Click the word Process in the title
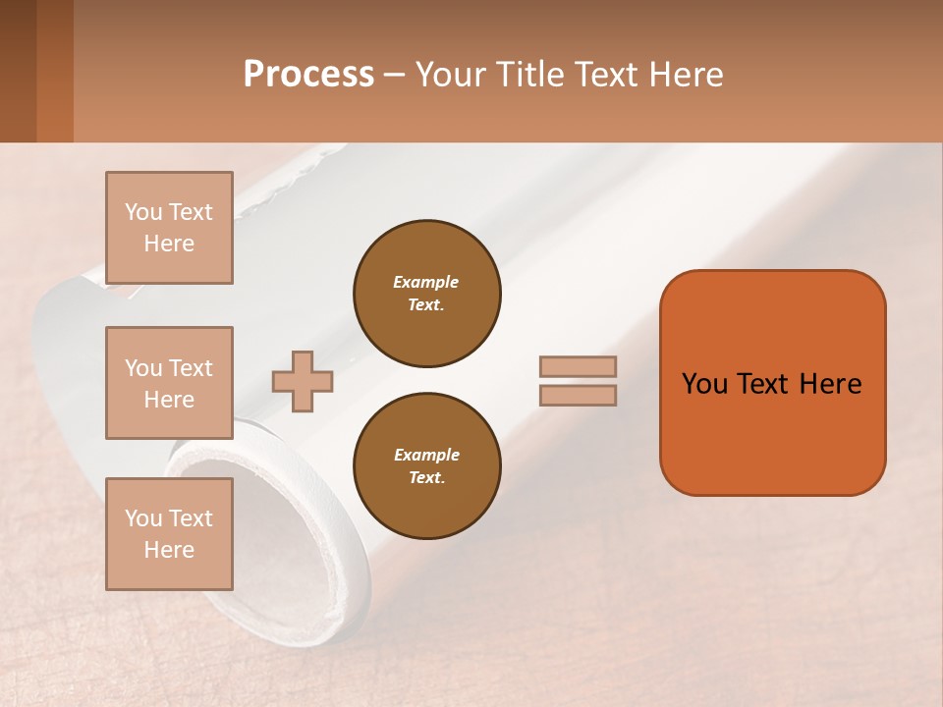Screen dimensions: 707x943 pyautogui.click(x=308, y=75)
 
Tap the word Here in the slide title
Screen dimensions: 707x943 pyautogui.click(x=684, y=75)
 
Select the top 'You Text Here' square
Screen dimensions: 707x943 pyautogui.click(x=169, y=228)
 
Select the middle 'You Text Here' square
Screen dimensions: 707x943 pyautogui.click(x=169, y=383)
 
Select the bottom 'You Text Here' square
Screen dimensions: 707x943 pyautogui.click(x=169, y=533)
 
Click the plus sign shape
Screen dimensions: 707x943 pyautogui.click(x=303, y=381)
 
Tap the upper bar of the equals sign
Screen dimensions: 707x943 pyautogui.click(x=579, y=366)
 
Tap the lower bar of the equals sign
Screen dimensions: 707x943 pyautogui.click(x=579, y=395)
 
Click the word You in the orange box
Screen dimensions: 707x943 pyautogui.click(x=703, y=384)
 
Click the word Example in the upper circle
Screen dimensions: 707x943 pyautogui.click(x=426, y=282)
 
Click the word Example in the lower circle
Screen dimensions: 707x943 pyautogui.click(x=426, y=455)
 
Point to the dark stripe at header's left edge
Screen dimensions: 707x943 pyautogui.click(x=18, y=71)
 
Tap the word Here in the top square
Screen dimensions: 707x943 pyautogui.click(x=169, y=244)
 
